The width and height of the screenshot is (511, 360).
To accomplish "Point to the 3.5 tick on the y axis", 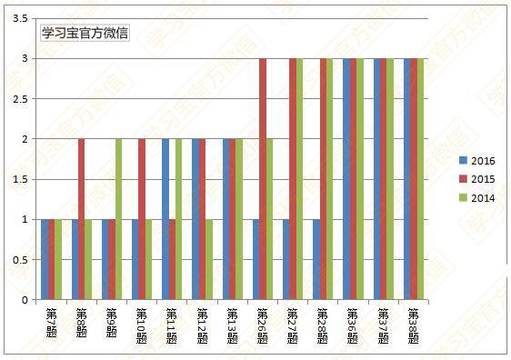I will tap(18, 18).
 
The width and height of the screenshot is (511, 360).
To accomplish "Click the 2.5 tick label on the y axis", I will tap(18, 98).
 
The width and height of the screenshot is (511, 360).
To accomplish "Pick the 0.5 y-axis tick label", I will tap(18, 259).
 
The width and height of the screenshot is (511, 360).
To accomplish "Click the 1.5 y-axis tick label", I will tap(18, 179).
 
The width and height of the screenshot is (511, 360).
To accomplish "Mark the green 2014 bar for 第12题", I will tap(210, 259).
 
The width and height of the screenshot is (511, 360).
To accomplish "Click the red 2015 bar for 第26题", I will tap(263, 179).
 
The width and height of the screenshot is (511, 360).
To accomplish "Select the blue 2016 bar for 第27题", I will tap(286, 259).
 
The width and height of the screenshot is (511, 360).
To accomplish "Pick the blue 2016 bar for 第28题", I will tap(316, 259).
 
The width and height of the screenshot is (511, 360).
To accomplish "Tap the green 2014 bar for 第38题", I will tap(421, 179).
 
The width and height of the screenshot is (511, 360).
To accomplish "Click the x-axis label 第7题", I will tap(52, 323).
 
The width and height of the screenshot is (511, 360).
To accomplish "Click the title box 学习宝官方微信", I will tap(85, 33).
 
